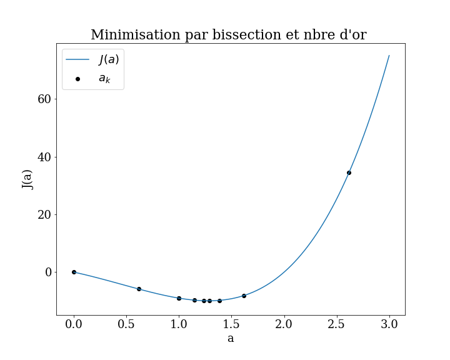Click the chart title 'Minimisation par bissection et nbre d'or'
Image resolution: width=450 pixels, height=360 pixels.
[x=228, y=35]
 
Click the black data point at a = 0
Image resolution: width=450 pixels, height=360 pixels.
[x=74, y=272]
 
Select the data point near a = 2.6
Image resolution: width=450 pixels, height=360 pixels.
[x=349, y=172]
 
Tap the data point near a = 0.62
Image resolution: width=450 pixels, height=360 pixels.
[x=139, y=289]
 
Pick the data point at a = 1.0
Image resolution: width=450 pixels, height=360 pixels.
[x=179, y=298]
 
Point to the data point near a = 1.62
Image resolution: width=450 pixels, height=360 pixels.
[x=244, y=296]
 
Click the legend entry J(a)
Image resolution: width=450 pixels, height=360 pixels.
[x=109, y=60]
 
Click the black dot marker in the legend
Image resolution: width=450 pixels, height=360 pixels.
[x=77, y=79]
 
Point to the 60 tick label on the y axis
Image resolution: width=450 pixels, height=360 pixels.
[x=42, y=99]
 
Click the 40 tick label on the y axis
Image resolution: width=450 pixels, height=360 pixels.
[x=42, y=157]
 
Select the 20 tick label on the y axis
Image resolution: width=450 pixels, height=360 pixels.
[x=42, y=214]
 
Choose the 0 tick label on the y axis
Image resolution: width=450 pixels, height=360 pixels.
[x=46, y=272]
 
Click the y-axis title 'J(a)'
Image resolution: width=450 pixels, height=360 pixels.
[x=27, y=179]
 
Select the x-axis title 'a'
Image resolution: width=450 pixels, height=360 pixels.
[x=231, y=339]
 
